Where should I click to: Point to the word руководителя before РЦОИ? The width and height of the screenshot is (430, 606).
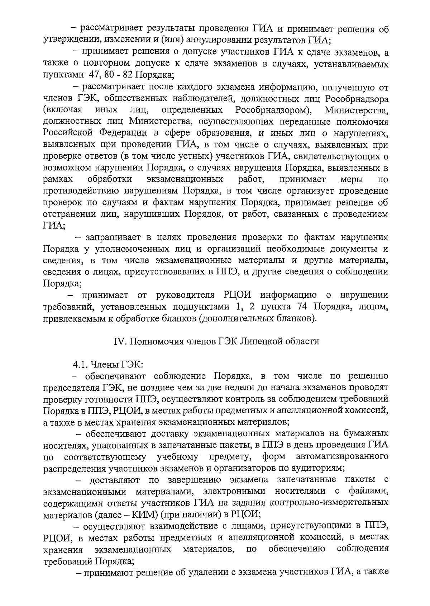point(186,295)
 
